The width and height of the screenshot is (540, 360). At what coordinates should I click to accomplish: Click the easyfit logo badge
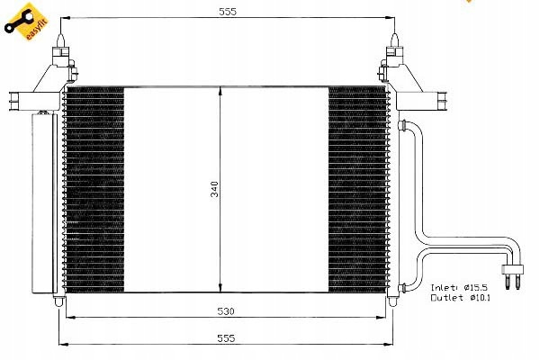click(x=26, y=22)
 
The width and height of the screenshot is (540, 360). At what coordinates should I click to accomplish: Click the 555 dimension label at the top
click(x=228, y=12)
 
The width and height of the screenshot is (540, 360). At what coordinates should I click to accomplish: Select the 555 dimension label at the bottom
click(x=226, y=338)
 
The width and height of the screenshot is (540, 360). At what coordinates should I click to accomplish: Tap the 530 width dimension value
click(x=226, y=311)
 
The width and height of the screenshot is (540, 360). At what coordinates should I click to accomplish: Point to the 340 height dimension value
click(x=214, y=189)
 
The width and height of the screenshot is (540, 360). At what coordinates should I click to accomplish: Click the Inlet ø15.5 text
click(x=459, y=287)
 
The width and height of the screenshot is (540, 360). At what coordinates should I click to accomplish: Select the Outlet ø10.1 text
click(x=460, y=297)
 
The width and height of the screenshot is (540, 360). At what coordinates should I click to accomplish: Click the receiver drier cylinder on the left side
click(x=44, y=203)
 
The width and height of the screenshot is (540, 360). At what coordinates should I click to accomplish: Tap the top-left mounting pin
click(x=60, y=40)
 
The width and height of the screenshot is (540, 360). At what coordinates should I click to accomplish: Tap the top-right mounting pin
click(x=395, y=40)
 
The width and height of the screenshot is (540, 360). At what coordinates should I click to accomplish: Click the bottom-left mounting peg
click(x=59, y=301)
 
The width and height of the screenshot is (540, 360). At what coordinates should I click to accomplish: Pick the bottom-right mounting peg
click(x=392, y=301)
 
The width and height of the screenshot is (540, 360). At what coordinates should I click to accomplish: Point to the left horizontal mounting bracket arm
click(x=34, y=102)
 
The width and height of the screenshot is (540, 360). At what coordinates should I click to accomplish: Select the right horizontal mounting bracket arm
click(x=421, y=102)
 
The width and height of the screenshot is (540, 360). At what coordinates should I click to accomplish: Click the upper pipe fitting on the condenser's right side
click(x=402, y=125)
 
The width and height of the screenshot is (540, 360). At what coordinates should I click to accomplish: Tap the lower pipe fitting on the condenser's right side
click(x=402, y=287)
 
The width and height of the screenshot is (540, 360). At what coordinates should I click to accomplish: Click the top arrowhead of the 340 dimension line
click(x=220, y=90)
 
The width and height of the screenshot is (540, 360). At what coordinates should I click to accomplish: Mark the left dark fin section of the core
click(x=94, y=190)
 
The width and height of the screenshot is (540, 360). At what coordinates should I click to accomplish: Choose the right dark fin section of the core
click(x=357, y=190)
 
